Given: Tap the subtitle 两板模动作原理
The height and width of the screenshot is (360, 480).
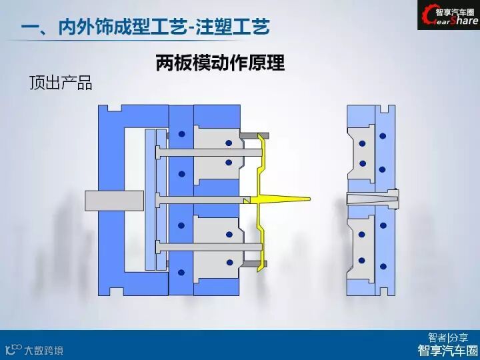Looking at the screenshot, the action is [x=220, y=63].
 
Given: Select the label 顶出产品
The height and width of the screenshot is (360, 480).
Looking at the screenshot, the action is [x=60, y=83].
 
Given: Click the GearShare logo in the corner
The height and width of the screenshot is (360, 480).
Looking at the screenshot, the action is [x=448, y=15].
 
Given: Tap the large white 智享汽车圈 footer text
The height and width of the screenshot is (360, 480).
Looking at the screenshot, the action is [x=447, y=350].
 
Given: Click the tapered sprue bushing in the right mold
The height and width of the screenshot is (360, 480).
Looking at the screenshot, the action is [x=373, y=198].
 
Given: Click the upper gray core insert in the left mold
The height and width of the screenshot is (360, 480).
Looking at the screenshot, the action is [x=217, y=150].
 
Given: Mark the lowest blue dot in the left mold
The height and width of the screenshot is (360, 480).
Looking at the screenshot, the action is [x=181, y=272].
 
